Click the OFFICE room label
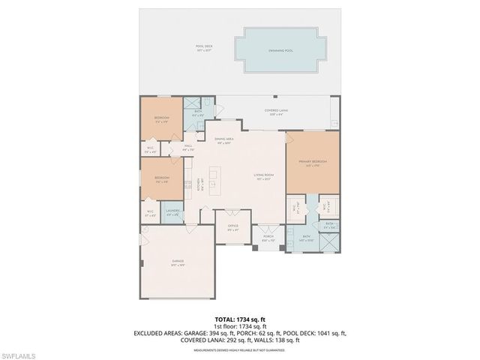[x=233, y=226]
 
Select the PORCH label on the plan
[x=268, y=238]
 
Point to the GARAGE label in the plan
[x=177, y=262]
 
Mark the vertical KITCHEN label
[x=199, y=182]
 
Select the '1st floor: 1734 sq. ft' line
[x=239, y=326]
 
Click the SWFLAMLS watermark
[x=20, y=353]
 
